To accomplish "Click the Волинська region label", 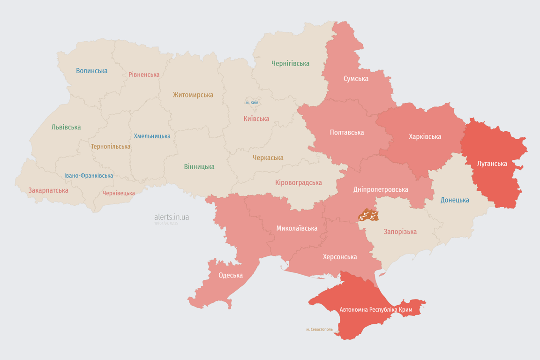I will [92, 71].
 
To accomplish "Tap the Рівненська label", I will [144, 75].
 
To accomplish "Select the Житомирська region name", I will [193, 95].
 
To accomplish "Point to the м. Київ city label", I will [252, 102].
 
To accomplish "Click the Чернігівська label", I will [290, 63].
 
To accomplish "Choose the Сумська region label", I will [356, 78].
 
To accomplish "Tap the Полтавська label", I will [347, 132].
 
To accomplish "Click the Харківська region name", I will [425, 136].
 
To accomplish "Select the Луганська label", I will [492, 164].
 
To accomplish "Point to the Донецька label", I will [455, 200].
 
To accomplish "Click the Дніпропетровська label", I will [381, 189].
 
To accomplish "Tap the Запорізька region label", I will [400, 232].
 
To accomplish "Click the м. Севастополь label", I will [319, 330].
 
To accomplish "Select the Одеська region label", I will [231, 275].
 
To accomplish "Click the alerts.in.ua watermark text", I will [172, 217].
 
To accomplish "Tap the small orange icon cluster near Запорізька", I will [368, 216].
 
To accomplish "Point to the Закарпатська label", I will [48, 190].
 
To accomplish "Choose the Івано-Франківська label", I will [89, 176].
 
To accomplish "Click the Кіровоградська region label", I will [299, 182].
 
